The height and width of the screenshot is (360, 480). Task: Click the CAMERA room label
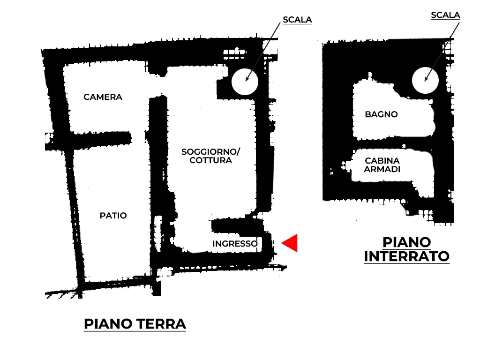click(103, 97)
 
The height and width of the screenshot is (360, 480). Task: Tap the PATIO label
click(113, 216)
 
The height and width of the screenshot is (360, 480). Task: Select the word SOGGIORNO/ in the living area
click(210, 152)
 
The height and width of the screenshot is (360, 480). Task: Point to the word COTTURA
click(211, 160)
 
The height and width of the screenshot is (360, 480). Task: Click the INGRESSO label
click(235, 244)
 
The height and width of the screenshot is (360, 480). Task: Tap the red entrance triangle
click(291, 243)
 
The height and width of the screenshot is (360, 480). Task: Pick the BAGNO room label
click(381, 114)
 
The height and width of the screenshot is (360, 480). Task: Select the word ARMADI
click(382, 169)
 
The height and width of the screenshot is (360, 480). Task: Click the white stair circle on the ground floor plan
click(245, 82)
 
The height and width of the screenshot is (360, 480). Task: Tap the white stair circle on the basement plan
click(425, 80)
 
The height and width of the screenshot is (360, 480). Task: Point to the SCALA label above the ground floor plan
click(297, 20)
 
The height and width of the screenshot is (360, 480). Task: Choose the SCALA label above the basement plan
click(445, 15)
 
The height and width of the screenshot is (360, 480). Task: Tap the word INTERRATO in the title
click(406, 256)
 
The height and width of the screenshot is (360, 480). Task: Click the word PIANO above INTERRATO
click(406, 242)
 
